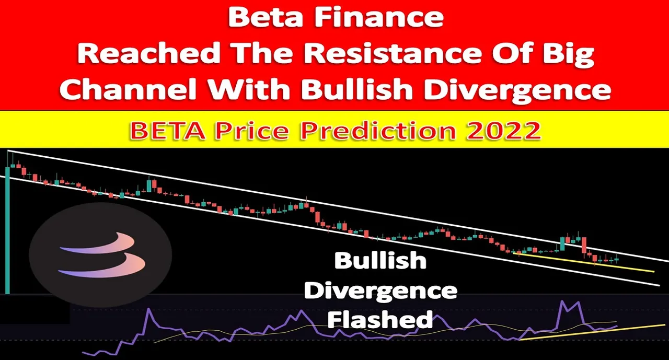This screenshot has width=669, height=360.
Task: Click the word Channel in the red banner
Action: coord(129,89)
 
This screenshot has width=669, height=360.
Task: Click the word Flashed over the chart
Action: coord(380,319)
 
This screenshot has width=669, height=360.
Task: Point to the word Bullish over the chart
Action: coord(380,260)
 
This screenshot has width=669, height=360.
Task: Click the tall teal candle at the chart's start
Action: coord(7,230)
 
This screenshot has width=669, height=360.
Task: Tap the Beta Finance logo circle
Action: coord(100,254)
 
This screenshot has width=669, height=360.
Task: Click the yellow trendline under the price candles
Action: coord(584,263)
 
